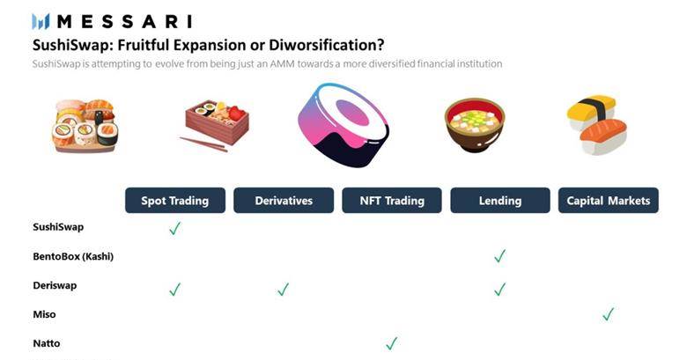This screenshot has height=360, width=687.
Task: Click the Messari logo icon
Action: click(41, 21)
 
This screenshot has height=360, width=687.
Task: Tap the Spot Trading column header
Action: click(175, 201)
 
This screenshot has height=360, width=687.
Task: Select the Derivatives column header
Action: click(284, 201)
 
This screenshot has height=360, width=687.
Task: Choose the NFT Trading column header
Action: click(392, 201)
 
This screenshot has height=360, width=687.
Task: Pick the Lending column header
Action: click(500, 201)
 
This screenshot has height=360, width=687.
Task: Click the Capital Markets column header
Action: click(608, 201)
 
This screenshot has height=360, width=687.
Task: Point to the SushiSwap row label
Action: click(58, 227)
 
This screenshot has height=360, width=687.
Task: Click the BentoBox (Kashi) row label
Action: click(73, 256)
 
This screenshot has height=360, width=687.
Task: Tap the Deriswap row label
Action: click(55, 285)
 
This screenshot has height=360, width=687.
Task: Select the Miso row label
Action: click(44, 314)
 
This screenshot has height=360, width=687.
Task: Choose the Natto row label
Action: click(47, 343)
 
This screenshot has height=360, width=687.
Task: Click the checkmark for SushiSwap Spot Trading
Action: click(174, 228)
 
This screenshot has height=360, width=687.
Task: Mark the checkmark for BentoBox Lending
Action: click(500, 256)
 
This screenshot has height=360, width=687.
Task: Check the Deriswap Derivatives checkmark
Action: click(283, 289)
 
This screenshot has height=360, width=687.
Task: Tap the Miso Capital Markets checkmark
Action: click(608, 314)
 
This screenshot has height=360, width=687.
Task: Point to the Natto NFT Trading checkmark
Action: click(392, 343)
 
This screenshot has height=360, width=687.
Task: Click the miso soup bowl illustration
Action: click(475, 125)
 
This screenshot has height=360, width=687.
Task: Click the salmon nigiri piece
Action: click(603, 136)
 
